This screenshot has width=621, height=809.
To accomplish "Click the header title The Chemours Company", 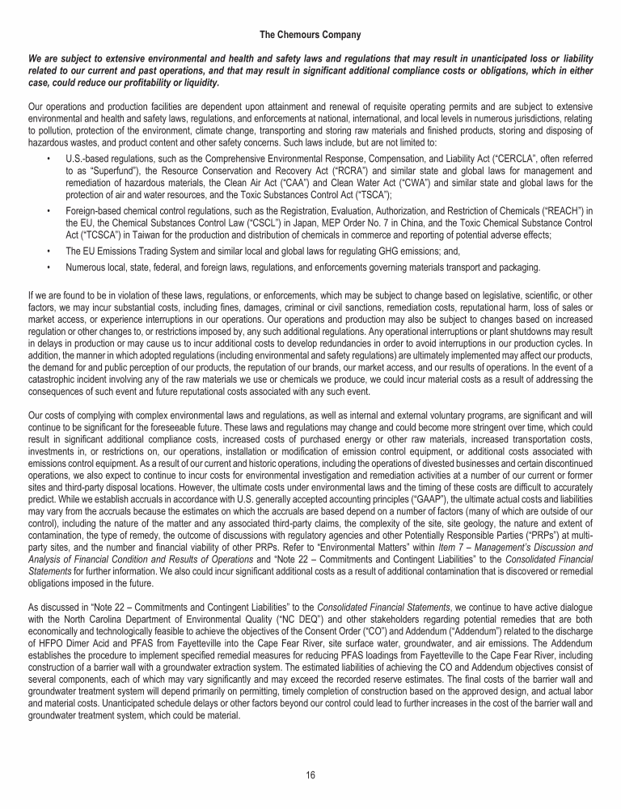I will pyautogui.click(x=310, y=35).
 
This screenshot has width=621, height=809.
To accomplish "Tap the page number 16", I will pyautogui.click(x=310, y=774).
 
